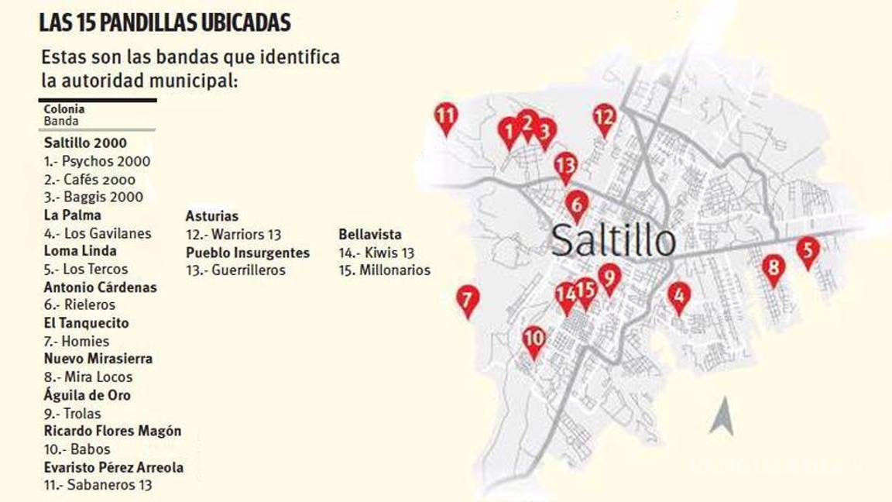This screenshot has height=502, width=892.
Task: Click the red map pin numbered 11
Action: [445, 118]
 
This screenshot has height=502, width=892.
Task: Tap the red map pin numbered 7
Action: [467, 300]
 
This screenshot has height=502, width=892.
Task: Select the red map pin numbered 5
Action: [808, 251]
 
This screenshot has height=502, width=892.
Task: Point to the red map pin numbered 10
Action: [533, 340]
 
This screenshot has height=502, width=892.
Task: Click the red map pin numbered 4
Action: [679, 295]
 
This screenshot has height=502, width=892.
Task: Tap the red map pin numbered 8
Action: [773, 269]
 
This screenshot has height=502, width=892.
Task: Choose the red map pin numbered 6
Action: [577, 205]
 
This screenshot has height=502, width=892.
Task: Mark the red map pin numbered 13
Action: [566, 166]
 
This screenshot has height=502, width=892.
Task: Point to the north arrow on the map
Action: [722, 416]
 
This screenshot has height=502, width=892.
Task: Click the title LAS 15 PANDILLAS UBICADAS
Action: [165, 22]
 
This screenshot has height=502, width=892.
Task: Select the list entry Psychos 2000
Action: [98, 161]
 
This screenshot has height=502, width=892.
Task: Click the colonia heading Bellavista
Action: [370, 234]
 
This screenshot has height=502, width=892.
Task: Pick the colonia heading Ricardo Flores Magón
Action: [112, 431]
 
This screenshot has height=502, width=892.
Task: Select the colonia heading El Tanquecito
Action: [86, 323]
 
